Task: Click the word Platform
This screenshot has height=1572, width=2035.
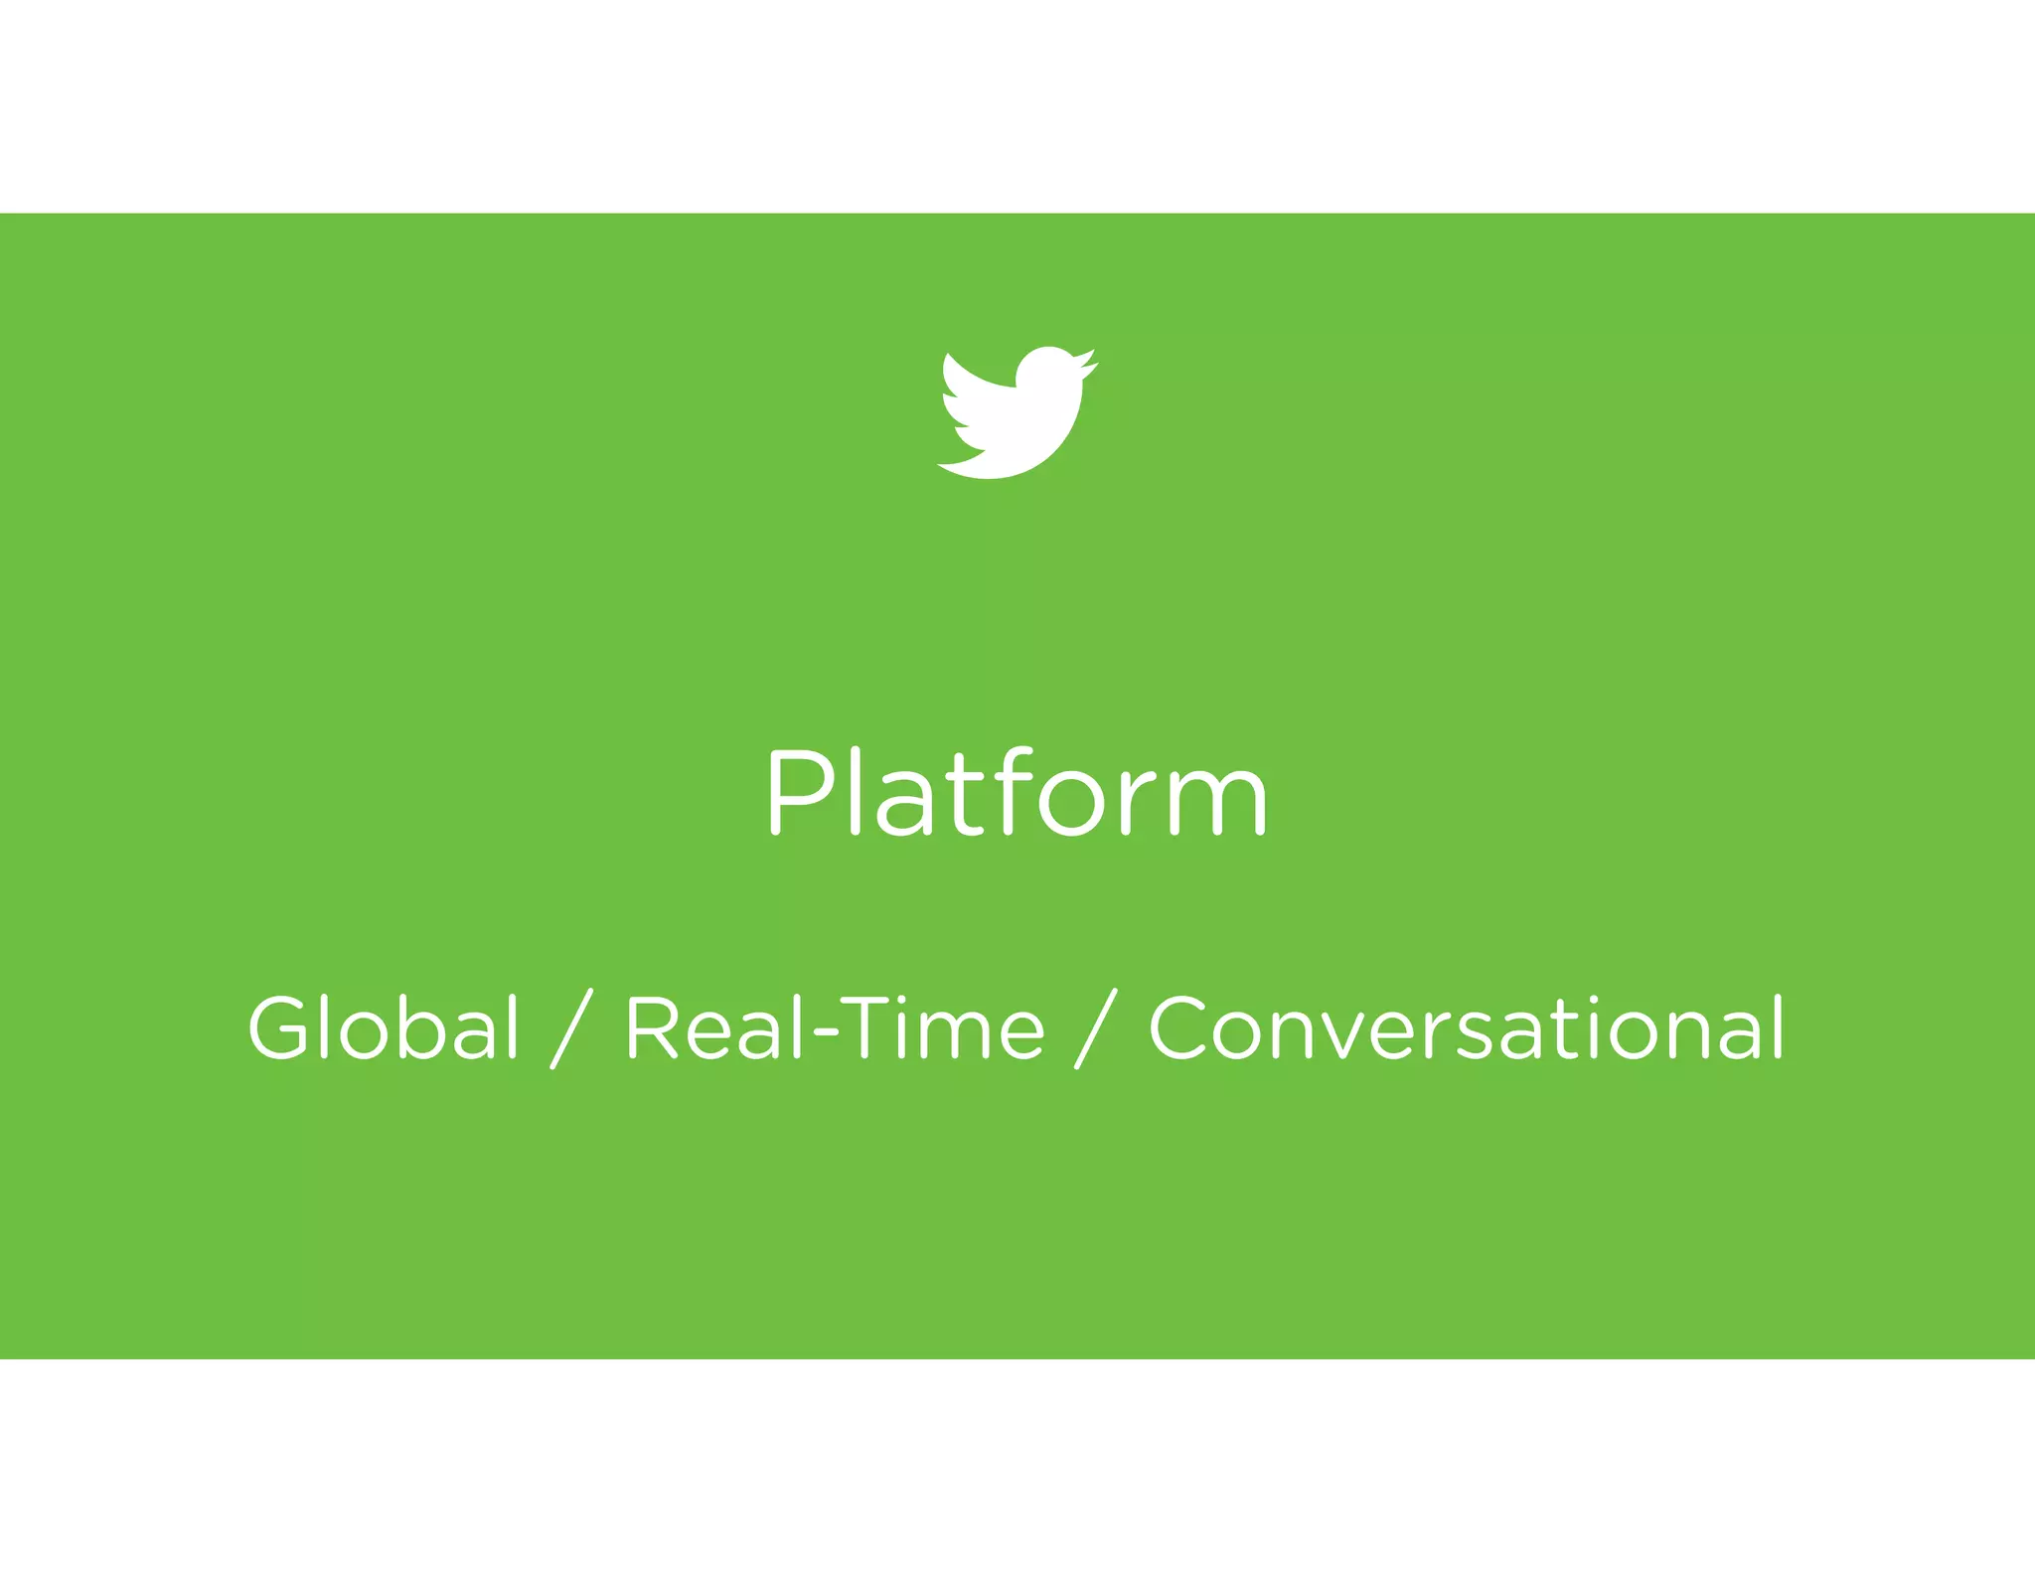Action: click(1017, 793)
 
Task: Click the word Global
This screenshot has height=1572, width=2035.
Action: click(384, 1027)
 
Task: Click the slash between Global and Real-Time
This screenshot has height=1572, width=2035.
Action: click(571, 1029)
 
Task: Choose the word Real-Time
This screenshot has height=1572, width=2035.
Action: click(835, 1027)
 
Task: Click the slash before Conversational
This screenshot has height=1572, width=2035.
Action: click(1096, 1029)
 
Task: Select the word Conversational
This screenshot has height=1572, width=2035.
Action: click(1467, 1027)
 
